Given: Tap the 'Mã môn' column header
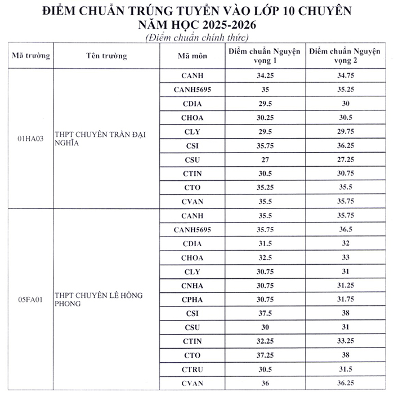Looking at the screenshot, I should tap(192, 56).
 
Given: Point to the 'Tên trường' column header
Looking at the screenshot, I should tap(107, 56).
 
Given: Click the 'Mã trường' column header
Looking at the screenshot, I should tap(31, 56).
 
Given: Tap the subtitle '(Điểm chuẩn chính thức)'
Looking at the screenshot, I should tap(196, 38).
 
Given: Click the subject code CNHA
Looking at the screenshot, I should tap(192, 286).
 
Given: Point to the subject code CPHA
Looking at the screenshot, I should tap(192, 299).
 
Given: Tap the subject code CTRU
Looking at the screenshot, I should tap(192, 369).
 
